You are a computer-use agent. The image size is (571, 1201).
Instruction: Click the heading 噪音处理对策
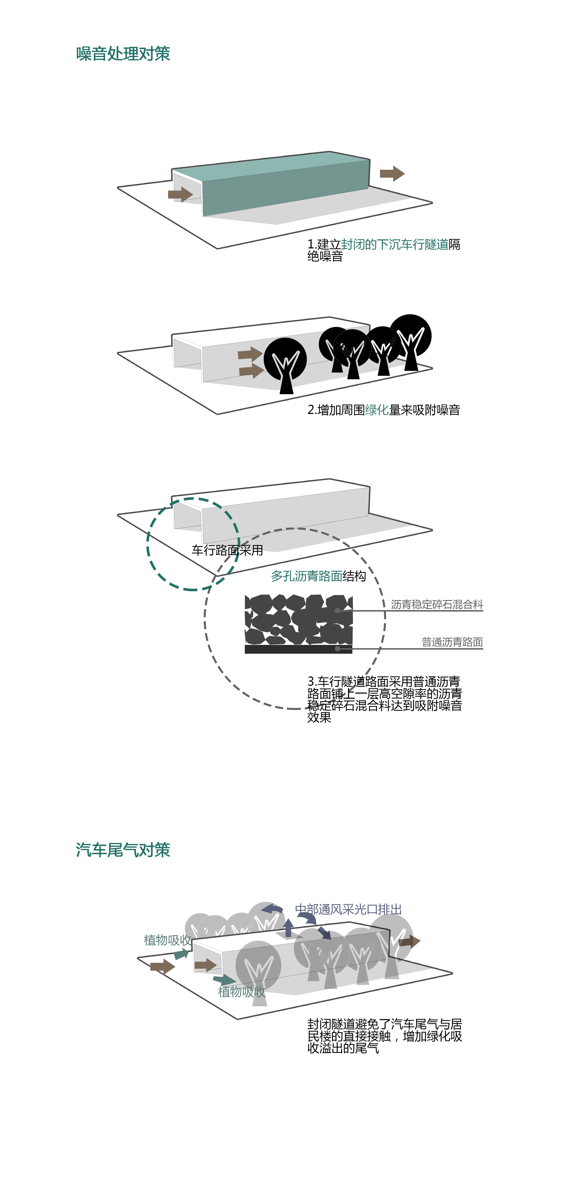point(123,54)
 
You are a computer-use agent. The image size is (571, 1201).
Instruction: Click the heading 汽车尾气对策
point(123,850)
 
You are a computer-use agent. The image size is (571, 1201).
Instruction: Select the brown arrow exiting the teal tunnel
point(392,174)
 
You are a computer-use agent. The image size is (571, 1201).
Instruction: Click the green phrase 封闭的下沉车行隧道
point(395,244)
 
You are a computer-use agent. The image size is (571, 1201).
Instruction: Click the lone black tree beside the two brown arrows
point(285,365)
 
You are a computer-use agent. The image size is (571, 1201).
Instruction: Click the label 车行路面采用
point(227,550)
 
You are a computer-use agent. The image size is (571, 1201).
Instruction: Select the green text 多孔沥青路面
point(307,576)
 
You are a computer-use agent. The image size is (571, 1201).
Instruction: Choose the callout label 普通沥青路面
point(452,642)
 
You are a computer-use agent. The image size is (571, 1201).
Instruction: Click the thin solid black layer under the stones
point(298,649)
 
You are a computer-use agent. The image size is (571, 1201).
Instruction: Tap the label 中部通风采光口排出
point(348,909)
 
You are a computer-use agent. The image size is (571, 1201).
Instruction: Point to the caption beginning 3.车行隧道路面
point(384,699)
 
